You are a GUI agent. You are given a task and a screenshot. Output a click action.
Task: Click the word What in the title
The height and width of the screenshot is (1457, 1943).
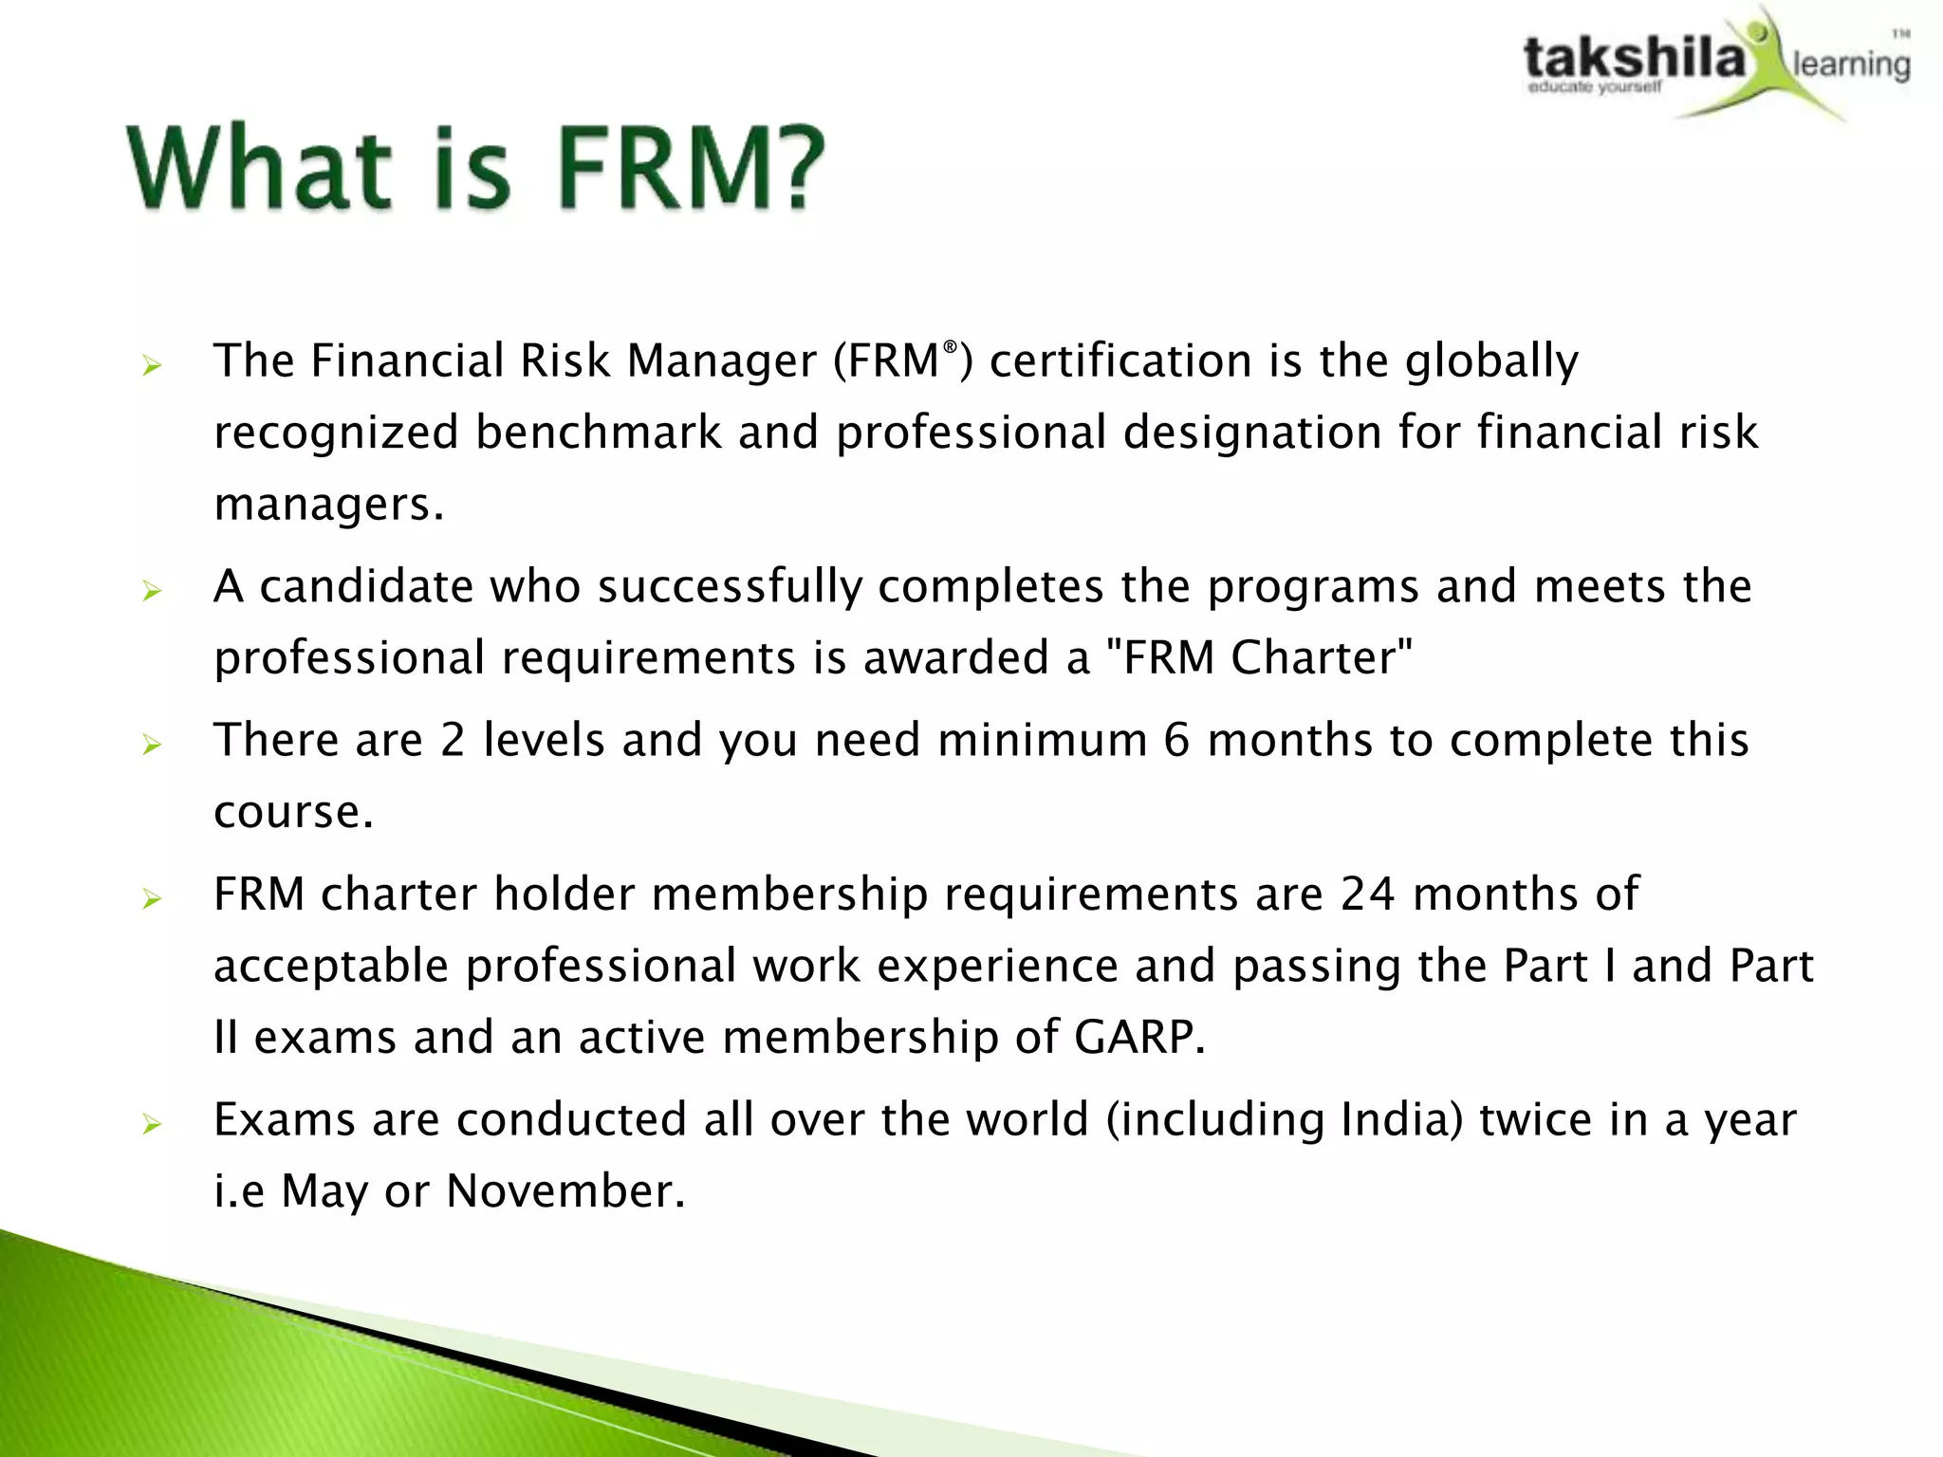point(259,168)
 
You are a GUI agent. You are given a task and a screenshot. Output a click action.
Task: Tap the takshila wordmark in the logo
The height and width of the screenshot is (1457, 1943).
point(1634,58)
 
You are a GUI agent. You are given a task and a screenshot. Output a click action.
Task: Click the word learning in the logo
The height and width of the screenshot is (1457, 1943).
point(1851,65)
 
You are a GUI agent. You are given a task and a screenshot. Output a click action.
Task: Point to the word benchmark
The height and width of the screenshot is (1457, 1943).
point(598,433)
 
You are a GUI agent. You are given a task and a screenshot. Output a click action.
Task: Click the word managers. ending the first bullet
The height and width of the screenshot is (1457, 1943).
point(328,505)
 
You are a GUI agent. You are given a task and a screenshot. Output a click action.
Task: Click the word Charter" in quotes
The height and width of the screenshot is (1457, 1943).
point(1322,657)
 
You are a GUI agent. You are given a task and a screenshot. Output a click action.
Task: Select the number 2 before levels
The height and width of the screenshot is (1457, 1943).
point(453,741)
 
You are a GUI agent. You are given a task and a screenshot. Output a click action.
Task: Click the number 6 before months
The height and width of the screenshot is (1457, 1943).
point(1176,741)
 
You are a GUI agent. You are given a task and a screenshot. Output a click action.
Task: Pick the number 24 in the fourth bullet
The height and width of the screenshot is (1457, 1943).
point(1367,894)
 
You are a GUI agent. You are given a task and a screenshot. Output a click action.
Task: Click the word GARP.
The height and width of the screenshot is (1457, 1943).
point(1139,1037)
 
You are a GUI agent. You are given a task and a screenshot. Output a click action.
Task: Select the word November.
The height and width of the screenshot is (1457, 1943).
point(565,1191)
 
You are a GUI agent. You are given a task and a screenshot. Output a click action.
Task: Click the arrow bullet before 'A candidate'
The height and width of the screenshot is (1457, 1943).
point(152,592)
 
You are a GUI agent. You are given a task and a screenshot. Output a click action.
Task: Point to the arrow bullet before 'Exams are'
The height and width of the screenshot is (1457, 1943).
point(152,1125)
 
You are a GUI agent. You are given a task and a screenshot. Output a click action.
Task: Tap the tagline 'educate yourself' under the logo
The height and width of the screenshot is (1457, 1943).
point(1594,88)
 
